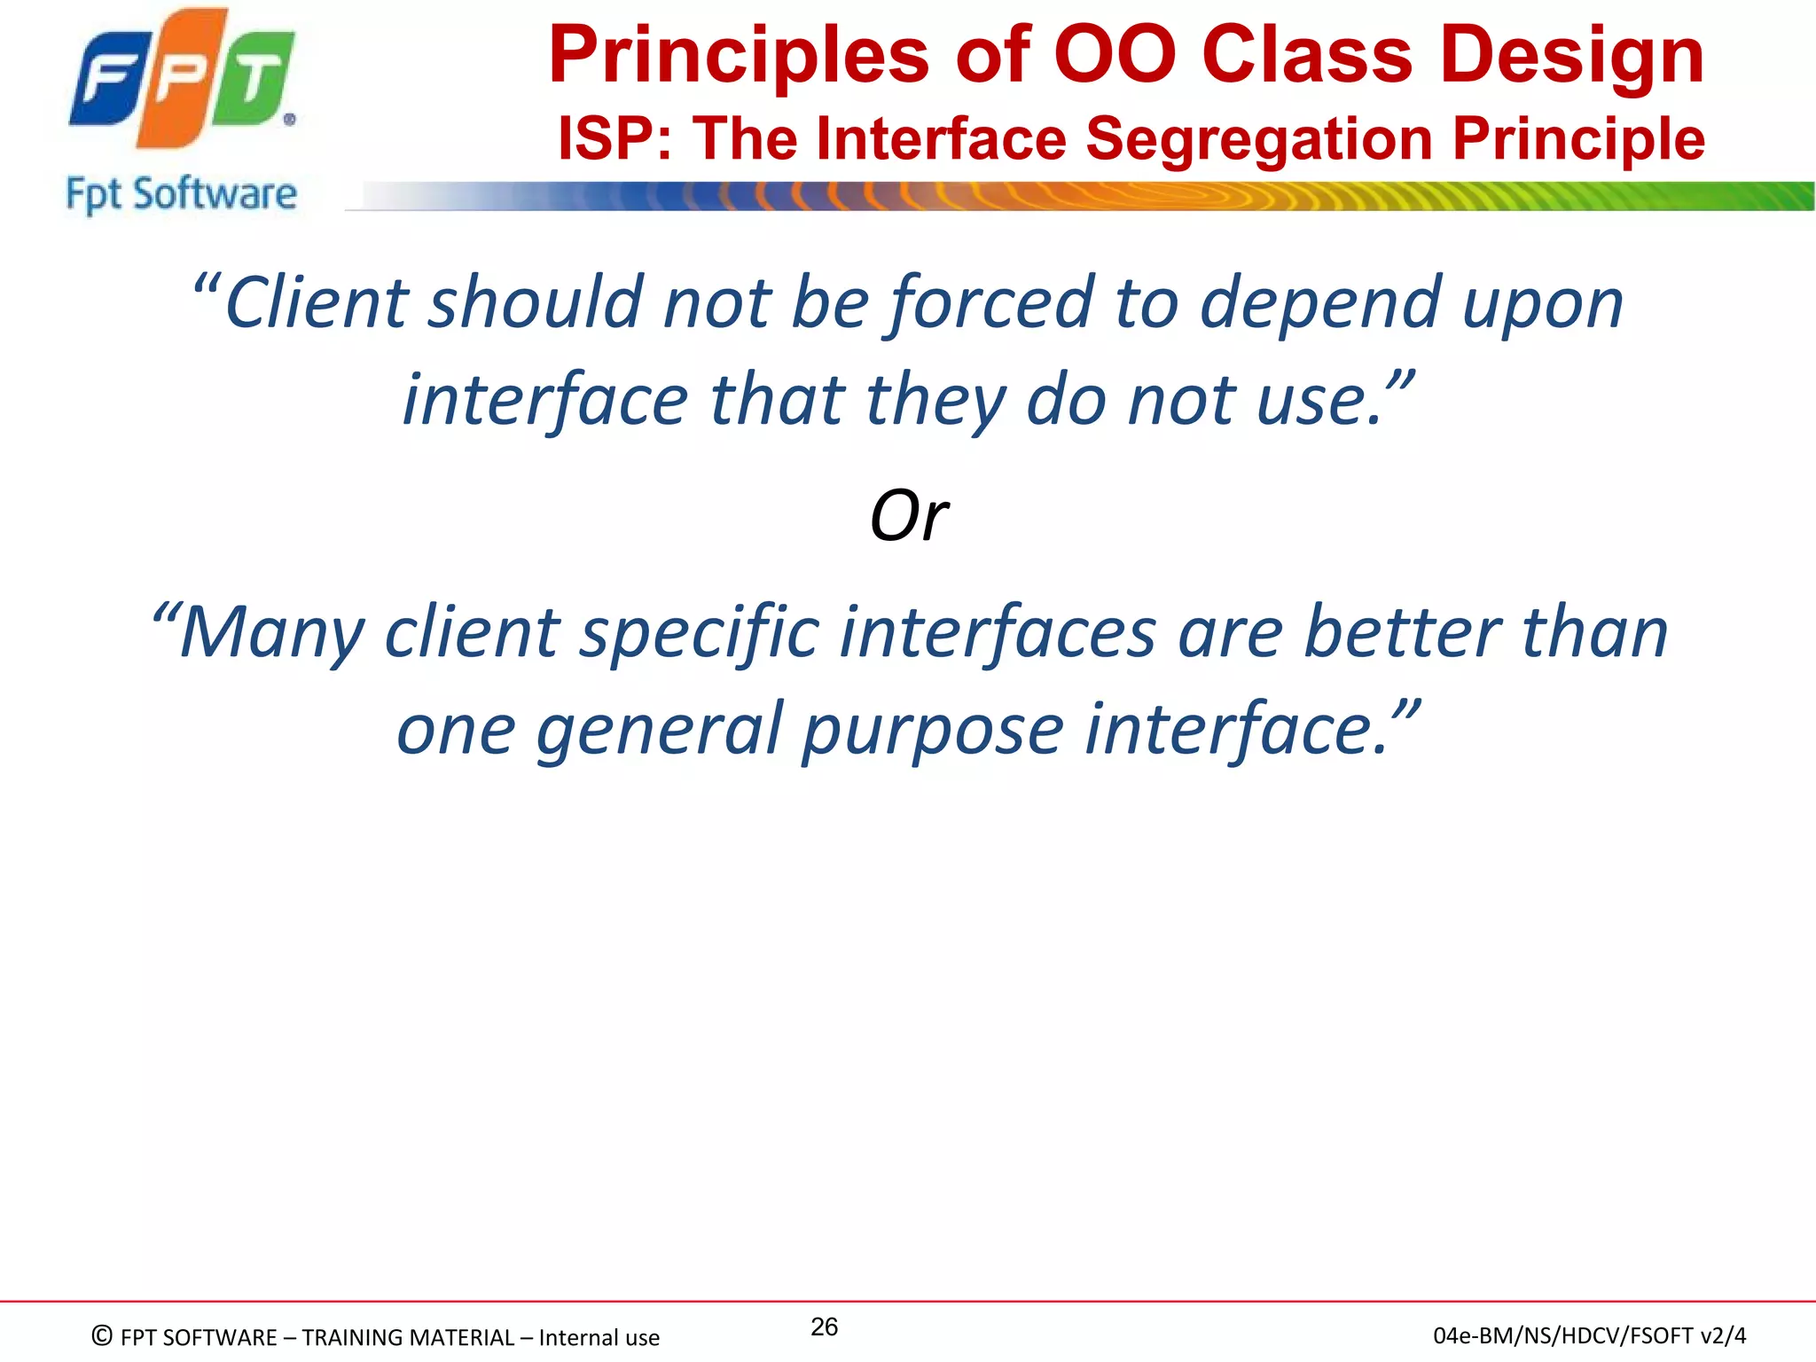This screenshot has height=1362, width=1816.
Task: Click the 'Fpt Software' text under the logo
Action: click(x=181, y=194)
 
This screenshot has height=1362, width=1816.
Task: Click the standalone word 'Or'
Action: click(x=909, y=516)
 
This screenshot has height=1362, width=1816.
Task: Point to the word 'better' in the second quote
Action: click(x=1402, y=632)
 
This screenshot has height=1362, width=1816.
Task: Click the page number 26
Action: click(x=824, y=1327)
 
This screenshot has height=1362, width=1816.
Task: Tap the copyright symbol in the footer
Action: click(x=103, y=1336)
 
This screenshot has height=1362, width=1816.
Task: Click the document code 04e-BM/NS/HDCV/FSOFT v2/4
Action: click(x=1589, y=1335)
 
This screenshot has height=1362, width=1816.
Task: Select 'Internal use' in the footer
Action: click(x=599, y=1337)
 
